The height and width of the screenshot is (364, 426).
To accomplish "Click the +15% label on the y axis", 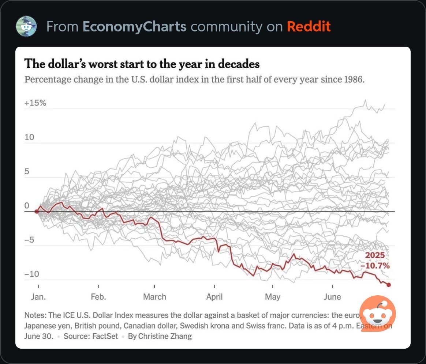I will coord(35,103).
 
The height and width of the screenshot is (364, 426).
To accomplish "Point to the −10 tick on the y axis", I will coord(31,274).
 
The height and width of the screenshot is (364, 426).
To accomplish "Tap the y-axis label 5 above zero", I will coord(27,172).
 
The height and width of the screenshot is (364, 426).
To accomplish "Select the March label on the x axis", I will coord(154,297).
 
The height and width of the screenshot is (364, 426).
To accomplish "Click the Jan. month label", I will coord(38,297).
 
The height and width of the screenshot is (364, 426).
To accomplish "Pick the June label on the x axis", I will coord(332,297).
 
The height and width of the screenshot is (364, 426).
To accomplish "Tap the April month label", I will coord(214,297).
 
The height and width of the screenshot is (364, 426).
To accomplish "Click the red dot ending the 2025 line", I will coord(389,285).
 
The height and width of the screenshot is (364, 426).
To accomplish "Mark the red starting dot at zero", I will coord(37,211).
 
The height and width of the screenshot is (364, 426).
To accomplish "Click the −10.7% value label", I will coord(375,266).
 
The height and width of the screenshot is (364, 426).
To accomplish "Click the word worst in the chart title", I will coord(87,64).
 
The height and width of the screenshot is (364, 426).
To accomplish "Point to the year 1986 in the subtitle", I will coord(354,79).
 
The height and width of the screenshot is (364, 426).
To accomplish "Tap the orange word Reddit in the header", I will coord(309,27).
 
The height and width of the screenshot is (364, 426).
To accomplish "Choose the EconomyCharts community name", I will coord(134,27).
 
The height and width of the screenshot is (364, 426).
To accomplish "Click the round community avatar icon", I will coord(26,26).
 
